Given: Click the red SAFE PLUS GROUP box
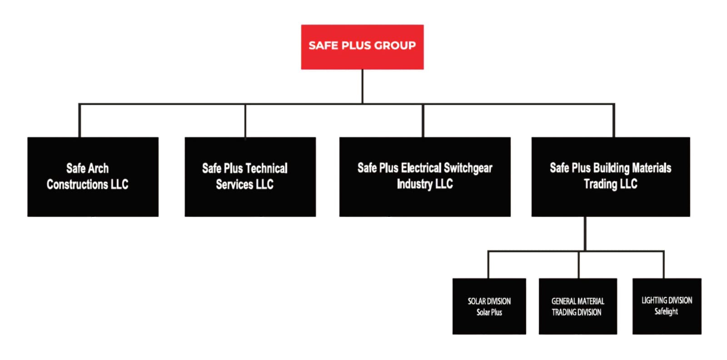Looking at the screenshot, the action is coord(362,47).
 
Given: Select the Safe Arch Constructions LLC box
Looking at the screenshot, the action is coord(93,177).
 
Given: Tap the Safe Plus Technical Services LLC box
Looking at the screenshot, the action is coord(250,177).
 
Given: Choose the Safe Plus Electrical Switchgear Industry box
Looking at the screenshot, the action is coord(425,177).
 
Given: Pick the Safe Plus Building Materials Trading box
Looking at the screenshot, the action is coord(611,177).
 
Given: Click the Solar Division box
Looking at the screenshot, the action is coord(489,306).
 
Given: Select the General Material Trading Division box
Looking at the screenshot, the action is coord(578,306).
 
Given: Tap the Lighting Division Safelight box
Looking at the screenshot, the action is coord(667,306).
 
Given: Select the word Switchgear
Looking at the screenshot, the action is coord(468,169).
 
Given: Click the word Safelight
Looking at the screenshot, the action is coord(666,312).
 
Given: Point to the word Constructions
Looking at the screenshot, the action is coord(77,185).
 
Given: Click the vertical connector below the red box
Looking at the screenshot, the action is coord(362,87).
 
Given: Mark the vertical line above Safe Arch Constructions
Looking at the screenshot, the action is coord(80,120).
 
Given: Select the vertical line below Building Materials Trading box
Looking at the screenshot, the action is coord(585,234).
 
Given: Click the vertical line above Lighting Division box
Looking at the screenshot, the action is coord(663,265).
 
